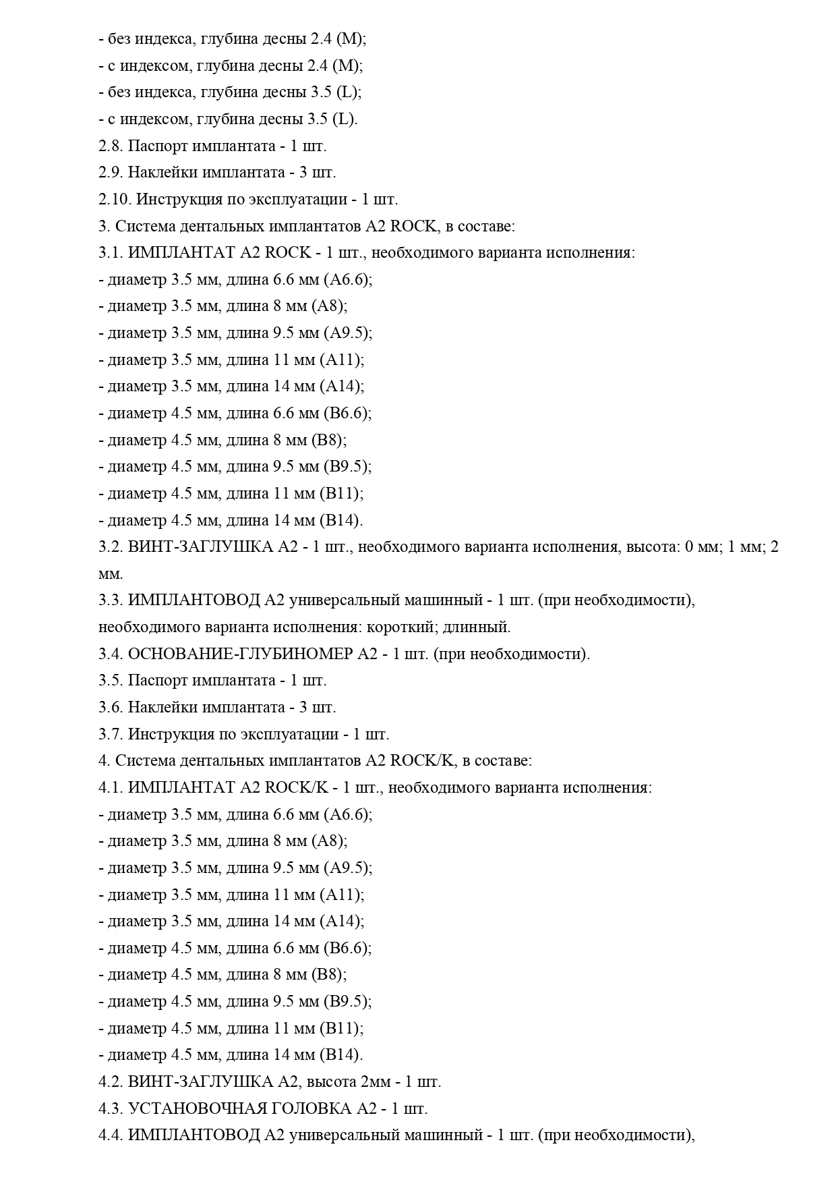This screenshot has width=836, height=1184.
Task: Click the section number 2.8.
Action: pos(110,146)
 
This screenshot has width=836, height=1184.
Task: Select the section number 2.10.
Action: pos(115,200)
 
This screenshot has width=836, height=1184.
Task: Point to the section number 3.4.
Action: pos(110,654)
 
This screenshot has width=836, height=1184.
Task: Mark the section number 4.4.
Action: pos(110,1135)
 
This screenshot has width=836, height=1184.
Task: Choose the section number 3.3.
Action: pos(110,600)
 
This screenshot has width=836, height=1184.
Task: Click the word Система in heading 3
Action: pos(145,227)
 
